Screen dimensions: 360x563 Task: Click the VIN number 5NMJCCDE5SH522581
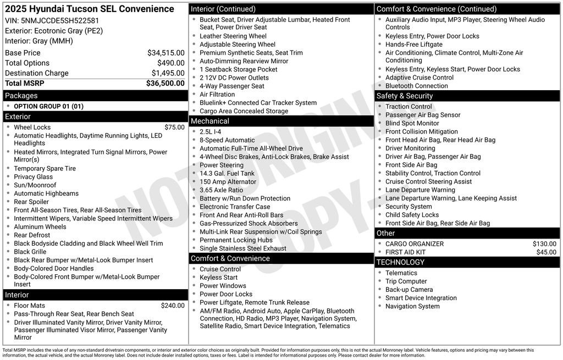tap(60, 20)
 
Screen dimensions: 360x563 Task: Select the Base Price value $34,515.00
tap(165, 53)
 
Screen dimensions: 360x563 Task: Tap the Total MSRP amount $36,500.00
tap(165, 84)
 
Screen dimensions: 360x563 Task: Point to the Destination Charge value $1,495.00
tap(168, 73)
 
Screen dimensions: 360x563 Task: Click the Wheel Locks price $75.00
tap(174, 127)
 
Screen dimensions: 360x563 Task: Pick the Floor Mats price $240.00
tap(173, 306)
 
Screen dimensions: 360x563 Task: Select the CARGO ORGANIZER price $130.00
tap(544, 244)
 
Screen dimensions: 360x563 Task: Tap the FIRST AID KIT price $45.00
tap(546, 252)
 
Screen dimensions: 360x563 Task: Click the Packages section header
tap(21, 96)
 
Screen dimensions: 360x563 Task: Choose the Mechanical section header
tap(210, 121)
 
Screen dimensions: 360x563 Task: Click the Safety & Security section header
tap(405, 96)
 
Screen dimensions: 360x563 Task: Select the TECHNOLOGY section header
tap(401, 262)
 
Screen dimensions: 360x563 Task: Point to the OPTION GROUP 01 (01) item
tap(48, 106)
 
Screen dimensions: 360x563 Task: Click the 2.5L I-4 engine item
tap(210, 132)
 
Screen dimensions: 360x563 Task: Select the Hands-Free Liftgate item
tap(413, 45)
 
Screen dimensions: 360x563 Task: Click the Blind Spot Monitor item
tap(412, 123)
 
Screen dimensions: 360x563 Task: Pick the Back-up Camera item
tap(409, 290)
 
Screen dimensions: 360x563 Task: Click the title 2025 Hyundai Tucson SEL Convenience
tap(90, 9)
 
